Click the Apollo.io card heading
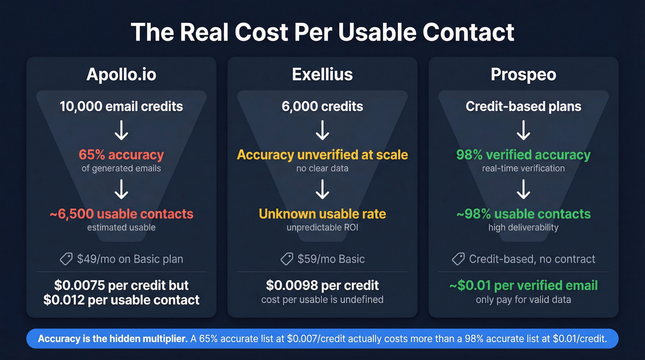121,75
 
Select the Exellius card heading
322,75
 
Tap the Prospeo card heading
523,75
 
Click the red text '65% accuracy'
121,154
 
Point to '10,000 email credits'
121,106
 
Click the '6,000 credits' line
322,106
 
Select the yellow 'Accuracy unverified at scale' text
322,154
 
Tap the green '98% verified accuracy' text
523,154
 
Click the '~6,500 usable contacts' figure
121,214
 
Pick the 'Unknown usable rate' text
322,214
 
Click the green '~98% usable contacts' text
523,214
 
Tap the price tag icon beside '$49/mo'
66,259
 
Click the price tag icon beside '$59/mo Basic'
287,259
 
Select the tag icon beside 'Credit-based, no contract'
458,259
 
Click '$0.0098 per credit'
322,285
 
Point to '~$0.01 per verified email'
523,285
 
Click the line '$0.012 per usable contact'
121,300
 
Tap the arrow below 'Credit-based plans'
523,130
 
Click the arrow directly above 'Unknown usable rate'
322,189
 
